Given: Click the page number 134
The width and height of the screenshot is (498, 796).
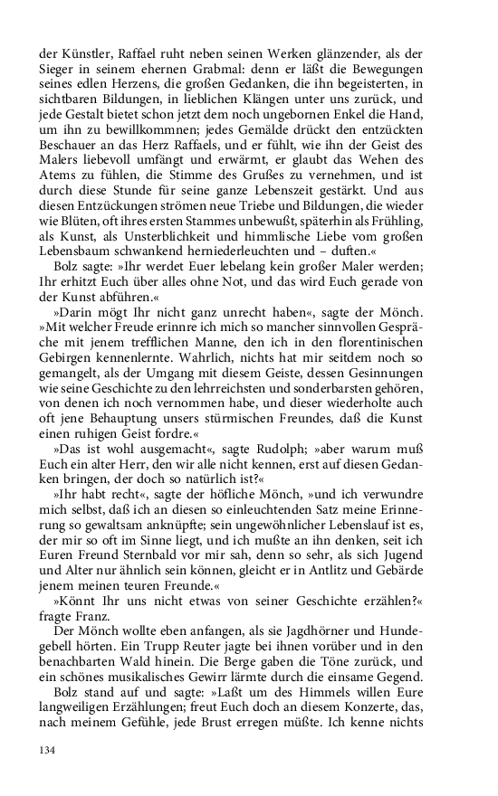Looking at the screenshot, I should pyautogui.click(x=48, y=750).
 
